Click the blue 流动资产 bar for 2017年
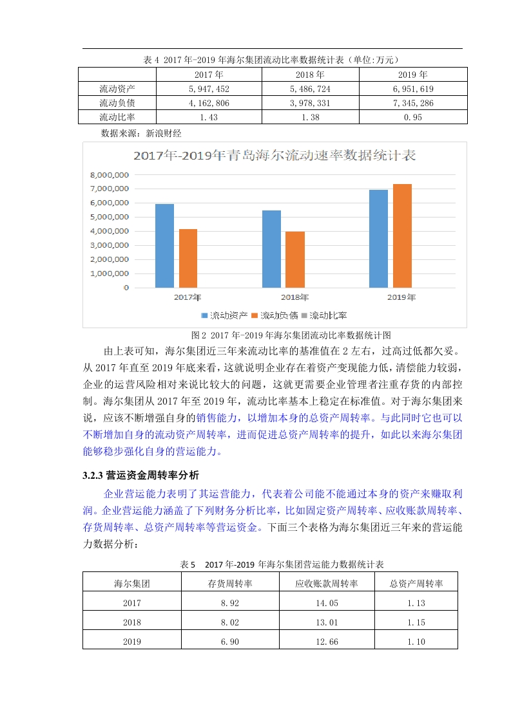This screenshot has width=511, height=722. pos(164,246)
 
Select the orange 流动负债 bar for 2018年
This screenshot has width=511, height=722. pos(294,259)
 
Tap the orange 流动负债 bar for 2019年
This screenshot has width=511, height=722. pos(401,236)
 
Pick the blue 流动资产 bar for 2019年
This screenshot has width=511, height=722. pos(378,239)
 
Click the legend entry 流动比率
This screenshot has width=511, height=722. pos(328,315)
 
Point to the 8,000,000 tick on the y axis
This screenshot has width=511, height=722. pos(110,174)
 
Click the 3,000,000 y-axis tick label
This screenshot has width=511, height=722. pos(110,245)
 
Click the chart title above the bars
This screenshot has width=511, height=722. pos(274,155)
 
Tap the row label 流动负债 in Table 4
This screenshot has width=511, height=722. pos(117,103)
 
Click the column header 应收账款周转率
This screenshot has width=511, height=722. pos(326,584)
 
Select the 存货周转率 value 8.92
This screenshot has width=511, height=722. pos(229,604)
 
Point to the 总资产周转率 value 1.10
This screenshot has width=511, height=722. pos(416,642)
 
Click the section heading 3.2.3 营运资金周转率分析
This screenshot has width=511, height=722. pos(141,476)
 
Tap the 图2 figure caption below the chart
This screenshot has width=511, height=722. pos(291,335)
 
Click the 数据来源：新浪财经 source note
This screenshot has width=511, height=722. pos(142,133)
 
